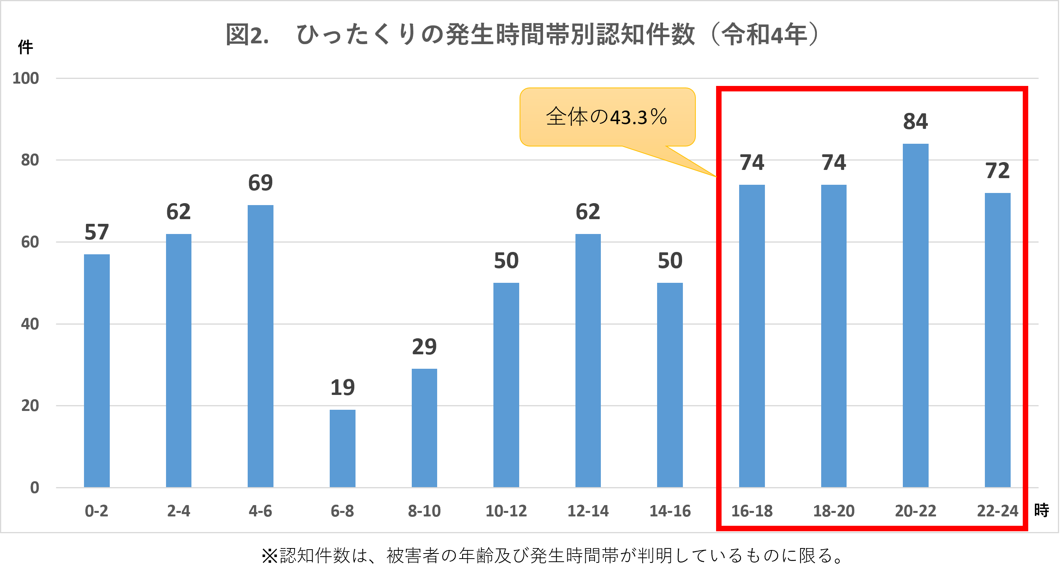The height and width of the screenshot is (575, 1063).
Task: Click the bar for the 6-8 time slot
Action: (342, 448)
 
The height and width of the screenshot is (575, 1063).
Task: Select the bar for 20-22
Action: (915, 316)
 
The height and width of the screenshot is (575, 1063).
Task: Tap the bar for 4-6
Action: (261, 346)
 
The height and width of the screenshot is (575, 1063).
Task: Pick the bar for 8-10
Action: (424, 428)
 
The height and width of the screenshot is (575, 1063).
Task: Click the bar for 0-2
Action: (96, 371)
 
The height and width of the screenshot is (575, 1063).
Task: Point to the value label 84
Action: (915, 121)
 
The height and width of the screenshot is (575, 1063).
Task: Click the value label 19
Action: (342, 387)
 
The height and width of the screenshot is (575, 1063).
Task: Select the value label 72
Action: (997, 171)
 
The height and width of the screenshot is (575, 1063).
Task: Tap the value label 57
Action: (96, 232)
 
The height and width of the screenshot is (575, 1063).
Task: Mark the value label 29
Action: (424, 346)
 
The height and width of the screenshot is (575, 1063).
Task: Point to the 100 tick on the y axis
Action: (25, 79)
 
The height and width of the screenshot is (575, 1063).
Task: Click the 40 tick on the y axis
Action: (30, 324)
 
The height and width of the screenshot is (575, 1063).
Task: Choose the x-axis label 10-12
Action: (506, 511)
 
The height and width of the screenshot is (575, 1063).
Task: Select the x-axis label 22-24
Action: (997, 511)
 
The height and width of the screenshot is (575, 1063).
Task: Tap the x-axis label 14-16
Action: (670, 511)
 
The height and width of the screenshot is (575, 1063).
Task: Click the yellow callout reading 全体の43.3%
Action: (607, 117)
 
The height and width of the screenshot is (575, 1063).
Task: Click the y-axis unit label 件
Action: (25, 47)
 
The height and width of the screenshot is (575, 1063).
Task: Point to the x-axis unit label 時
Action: (1041, 511)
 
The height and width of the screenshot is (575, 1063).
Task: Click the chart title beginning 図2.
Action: (522, 35)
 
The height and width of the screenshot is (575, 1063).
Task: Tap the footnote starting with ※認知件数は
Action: (553, 555)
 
